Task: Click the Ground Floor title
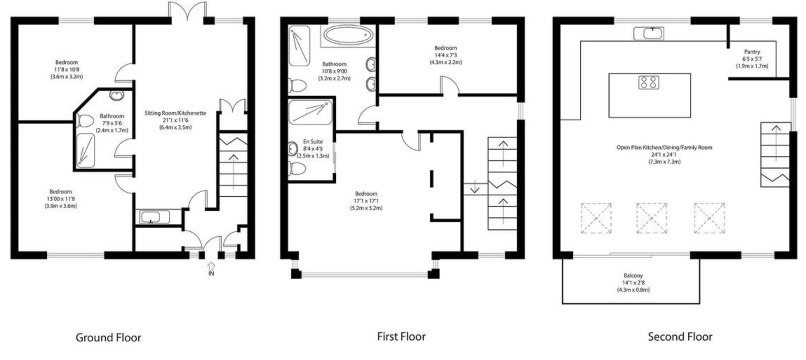coord(108,338)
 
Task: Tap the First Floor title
coord(401,336)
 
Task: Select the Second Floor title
coord(680,337)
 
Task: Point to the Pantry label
coord(752,52)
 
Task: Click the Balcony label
coord(633,275)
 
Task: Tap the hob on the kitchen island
coord(649,82)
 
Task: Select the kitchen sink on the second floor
coord(649,34)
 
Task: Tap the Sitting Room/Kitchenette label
coord(175,113)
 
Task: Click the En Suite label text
coord(313,141)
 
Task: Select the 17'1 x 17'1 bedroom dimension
coord(366,201)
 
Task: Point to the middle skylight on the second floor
coord(651,218)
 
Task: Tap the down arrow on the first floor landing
coord(474,187)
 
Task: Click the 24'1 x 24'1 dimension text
coord(664,154)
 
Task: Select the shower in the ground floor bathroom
coord(85,150)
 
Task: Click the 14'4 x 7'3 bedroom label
coord(445,55)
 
